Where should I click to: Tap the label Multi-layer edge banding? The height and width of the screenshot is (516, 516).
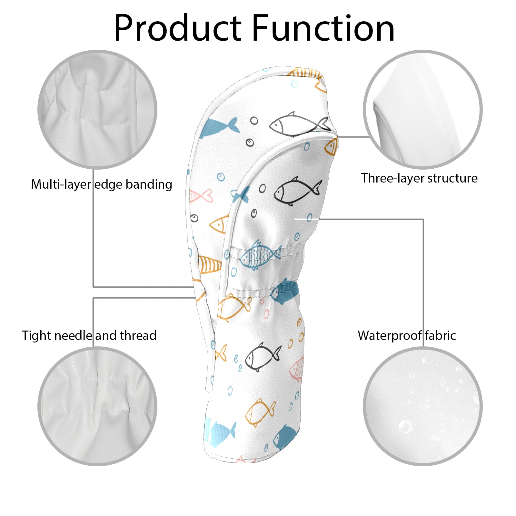point(102,184)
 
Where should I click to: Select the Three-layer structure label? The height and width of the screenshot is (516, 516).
point(419,178)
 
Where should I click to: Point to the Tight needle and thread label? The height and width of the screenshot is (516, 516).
point(89,336)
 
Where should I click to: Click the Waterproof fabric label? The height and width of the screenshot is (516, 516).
point(407,336)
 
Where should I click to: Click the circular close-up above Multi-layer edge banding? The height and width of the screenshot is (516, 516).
point(97,110)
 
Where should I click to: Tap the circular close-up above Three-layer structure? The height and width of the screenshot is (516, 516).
point(422,110)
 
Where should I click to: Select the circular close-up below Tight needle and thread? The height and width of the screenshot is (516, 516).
point(97,406)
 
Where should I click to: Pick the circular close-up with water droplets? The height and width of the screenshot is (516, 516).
point(422,406)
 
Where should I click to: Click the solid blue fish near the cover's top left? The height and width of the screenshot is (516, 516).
point(219,127)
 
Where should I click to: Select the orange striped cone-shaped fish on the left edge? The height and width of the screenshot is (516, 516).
point(209,264)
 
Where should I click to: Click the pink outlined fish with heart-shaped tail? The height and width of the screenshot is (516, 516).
point(201,196)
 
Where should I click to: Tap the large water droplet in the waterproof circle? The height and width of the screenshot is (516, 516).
point(405,426)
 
